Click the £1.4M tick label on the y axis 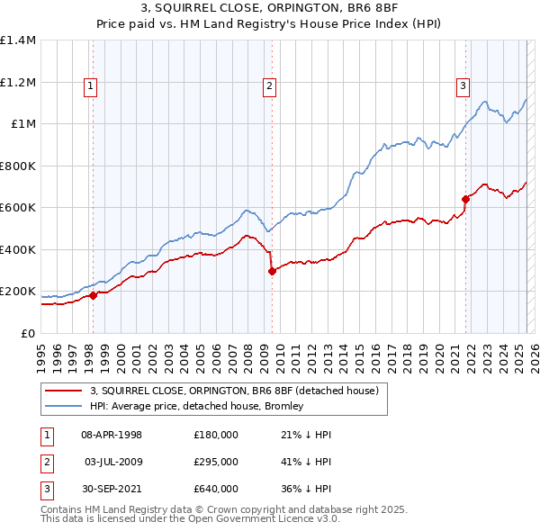pyautogui.click(x=18, y=40)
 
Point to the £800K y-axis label pyautogui.click(x=18, y=166)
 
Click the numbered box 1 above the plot pyautogui.click(x=92, y=86)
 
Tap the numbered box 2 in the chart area pyautogui.click(x=270, y=86)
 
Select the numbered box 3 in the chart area pyautogui.click(x=463, y=86)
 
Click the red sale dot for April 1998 pyautogui.click(x=93, y=295)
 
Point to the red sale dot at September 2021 pyautogui.click(x=465, y=199)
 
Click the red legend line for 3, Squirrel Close pyautogui.click(x=65, y=391)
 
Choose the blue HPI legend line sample pyautogui.click(x=65, y=406)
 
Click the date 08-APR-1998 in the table pyautogui.click(x=112, y=435)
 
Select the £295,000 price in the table pyautogui.click(x=216, y=462)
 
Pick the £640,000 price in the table pyautogui.click(x=216, y=489)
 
